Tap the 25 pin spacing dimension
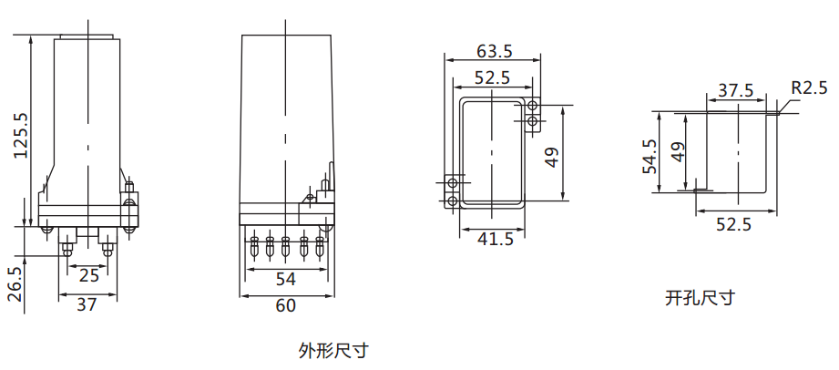pos(88,274)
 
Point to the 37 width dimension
pos(87,305)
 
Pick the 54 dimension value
pos(285,279)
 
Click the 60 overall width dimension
pos(285,306)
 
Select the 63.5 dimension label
pos(494,50)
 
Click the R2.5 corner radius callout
pos(808,88)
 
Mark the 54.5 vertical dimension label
pos(650,156)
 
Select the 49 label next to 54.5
pos(676,151)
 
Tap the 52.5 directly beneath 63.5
pos(492,78)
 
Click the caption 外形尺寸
pos(333,350)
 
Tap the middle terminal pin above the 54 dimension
pos(286,245)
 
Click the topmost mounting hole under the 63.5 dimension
pos(532,105)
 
